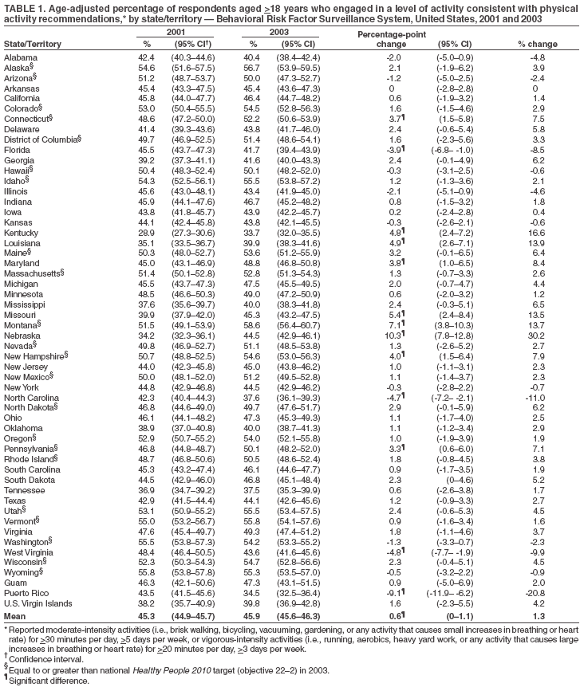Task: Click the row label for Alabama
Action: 20,58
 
